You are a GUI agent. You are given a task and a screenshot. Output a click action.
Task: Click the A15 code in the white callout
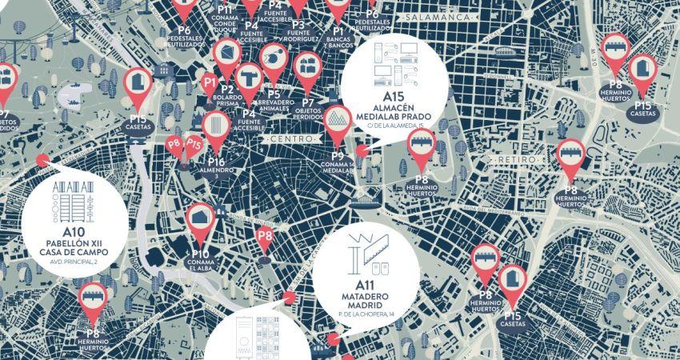(x=390, y=97)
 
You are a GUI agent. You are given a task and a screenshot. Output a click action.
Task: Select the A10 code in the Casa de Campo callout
(x=72, y=233)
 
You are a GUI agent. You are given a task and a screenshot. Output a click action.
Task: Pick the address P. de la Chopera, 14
(x=366, y=316)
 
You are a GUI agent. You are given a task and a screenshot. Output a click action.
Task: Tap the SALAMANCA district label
(x=436, y=17)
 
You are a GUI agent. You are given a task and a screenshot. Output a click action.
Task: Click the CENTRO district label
(x=291, y=140)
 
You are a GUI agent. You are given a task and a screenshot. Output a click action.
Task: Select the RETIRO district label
(x=514, y=160)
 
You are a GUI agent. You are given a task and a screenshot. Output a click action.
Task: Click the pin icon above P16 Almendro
(x=216, y=126)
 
